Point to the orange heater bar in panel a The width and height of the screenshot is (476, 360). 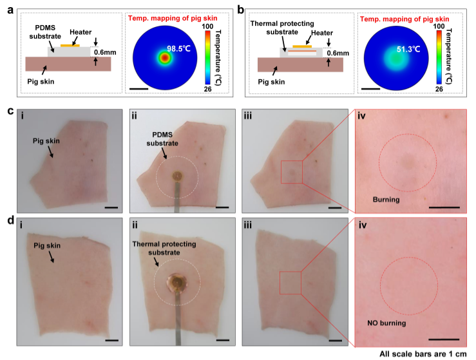click(70, 46)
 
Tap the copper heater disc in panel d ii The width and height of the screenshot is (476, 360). click(176, 281)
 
